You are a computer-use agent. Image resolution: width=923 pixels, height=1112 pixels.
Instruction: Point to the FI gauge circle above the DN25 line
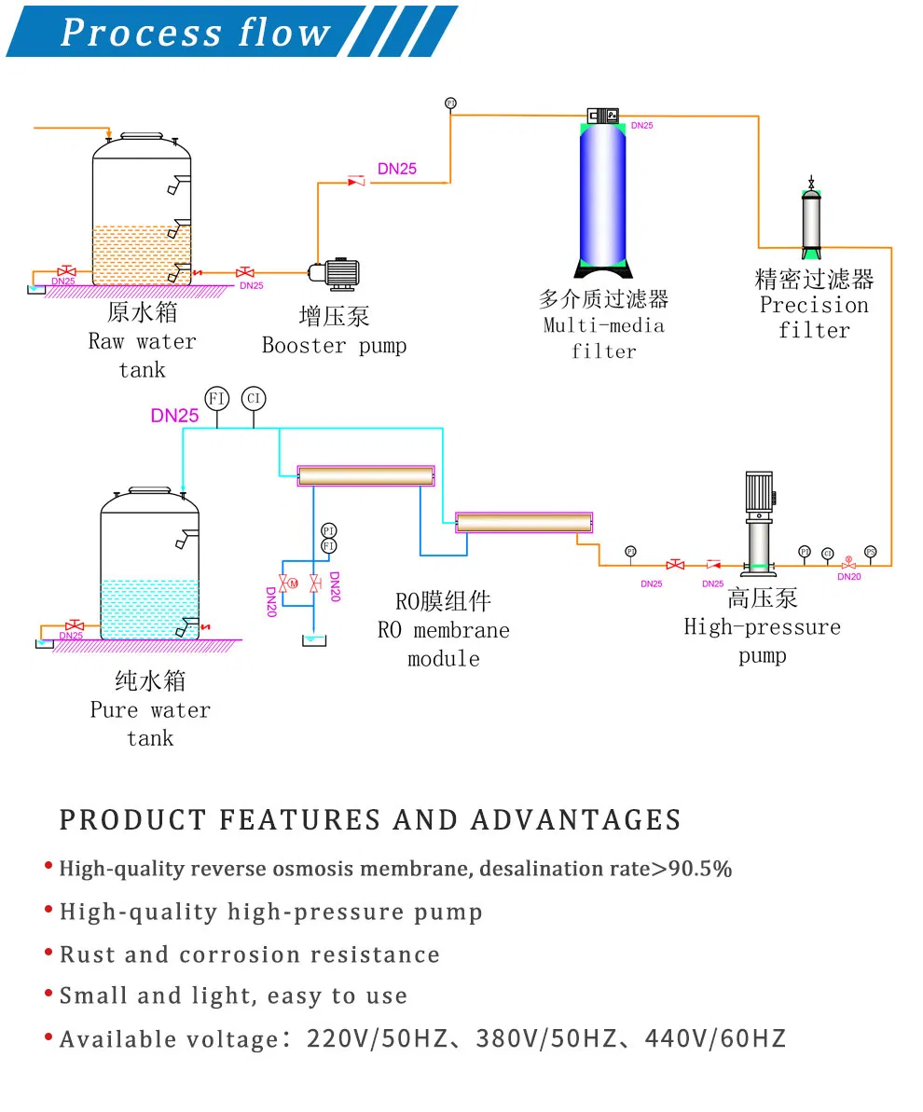point(217,398)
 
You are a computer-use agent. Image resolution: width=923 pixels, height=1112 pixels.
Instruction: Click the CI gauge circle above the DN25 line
point(253,398)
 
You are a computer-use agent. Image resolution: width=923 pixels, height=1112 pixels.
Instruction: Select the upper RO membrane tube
point(365,475)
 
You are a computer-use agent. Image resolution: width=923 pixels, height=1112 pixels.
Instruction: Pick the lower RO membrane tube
point(524,522)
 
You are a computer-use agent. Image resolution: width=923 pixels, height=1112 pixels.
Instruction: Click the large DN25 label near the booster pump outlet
point(397,169)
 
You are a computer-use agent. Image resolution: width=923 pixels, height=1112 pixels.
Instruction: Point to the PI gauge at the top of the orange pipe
point(450,103)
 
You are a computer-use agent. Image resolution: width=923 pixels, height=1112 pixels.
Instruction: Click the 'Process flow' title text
point(195,33)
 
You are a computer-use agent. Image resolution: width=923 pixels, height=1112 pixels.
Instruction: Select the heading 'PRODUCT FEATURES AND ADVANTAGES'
point(370,820)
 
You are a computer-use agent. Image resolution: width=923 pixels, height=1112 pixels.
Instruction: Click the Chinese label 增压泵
point(334,316)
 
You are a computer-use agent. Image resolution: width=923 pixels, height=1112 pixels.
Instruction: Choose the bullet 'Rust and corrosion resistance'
point(250,954)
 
